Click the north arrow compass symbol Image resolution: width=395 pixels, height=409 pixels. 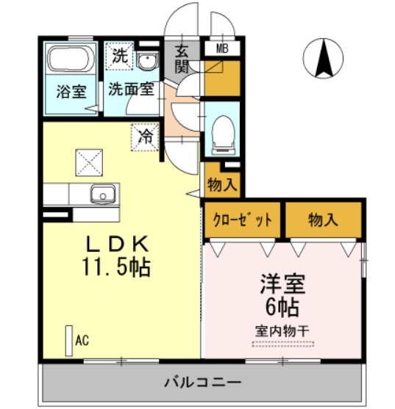322,58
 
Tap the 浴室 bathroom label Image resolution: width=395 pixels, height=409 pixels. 71,93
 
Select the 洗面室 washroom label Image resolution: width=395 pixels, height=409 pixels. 131,89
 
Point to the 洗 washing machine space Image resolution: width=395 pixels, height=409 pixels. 119,54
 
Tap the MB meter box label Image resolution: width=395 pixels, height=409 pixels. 221,49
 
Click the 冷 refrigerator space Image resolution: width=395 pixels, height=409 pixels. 146,136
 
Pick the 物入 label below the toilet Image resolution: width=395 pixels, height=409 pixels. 222,184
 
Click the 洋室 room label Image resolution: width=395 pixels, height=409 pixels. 282,282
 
